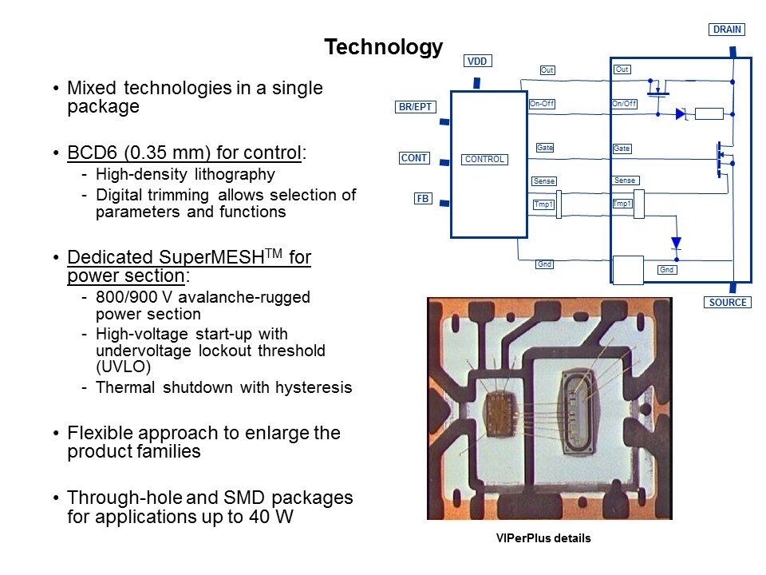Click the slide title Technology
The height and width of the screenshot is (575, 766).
tap(384, 47)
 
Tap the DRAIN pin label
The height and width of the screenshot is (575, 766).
tap(727, 30)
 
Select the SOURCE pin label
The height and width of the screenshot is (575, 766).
tap(728, 302)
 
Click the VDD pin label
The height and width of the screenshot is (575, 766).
tap(477, 61)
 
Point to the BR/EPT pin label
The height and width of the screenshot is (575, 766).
tap(415, 106)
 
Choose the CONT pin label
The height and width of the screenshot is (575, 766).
tap(414, 158)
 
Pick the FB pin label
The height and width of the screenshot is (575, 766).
tap(423, 199)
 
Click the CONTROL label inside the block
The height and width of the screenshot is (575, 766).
tap(484, 159)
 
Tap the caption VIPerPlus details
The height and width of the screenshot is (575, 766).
tap(543, 538)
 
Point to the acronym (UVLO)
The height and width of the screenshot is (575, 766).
tap(123, 367)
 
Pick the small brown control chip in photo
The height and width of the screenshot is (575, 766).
tap(499, 410)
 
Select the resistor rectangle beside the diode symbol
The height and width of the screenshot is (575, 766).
tap(709, 114)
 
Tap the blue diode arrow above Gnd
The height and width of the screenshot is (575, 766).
tap(676, 243)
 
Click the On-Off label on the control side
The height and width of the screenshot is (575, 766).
tap(542, 104)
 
